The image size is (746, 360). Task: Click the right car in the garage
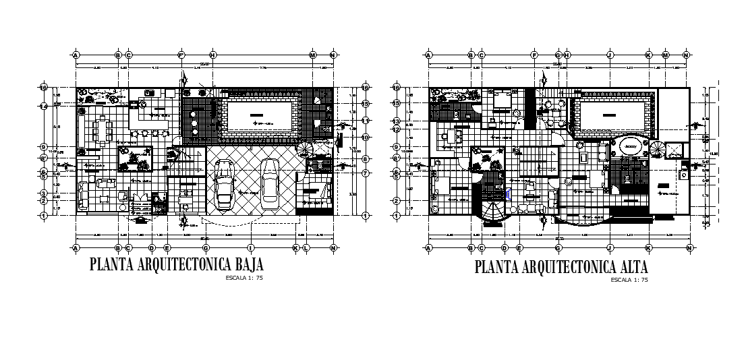pos(270,183)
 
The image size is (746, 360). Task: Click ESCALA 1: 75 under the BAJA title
pos(243,276)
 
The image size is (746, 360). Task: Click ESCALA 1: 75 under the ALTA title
pos(629,279)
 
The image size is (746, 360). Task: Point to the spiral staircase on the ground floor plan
pos(306,148)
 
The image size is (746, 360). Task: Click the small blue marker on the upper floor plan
pos(507,193)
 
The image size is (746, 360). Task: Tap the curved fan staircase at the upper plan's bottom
pos(491,210)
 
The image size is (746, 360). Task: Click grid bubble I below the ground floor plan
pos(250,247)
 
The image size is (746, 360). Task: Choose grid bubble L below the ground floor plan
pos(307,247)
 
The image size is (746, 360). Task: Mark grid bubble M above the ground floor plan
pos(313,55)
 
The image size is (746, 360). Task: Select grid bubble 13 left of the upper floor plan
pos(397,122)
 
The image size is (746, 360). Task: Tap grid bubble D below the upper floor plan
pos(504,247)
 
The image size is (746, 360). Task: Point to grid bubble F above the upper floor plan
pos(534,55)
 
